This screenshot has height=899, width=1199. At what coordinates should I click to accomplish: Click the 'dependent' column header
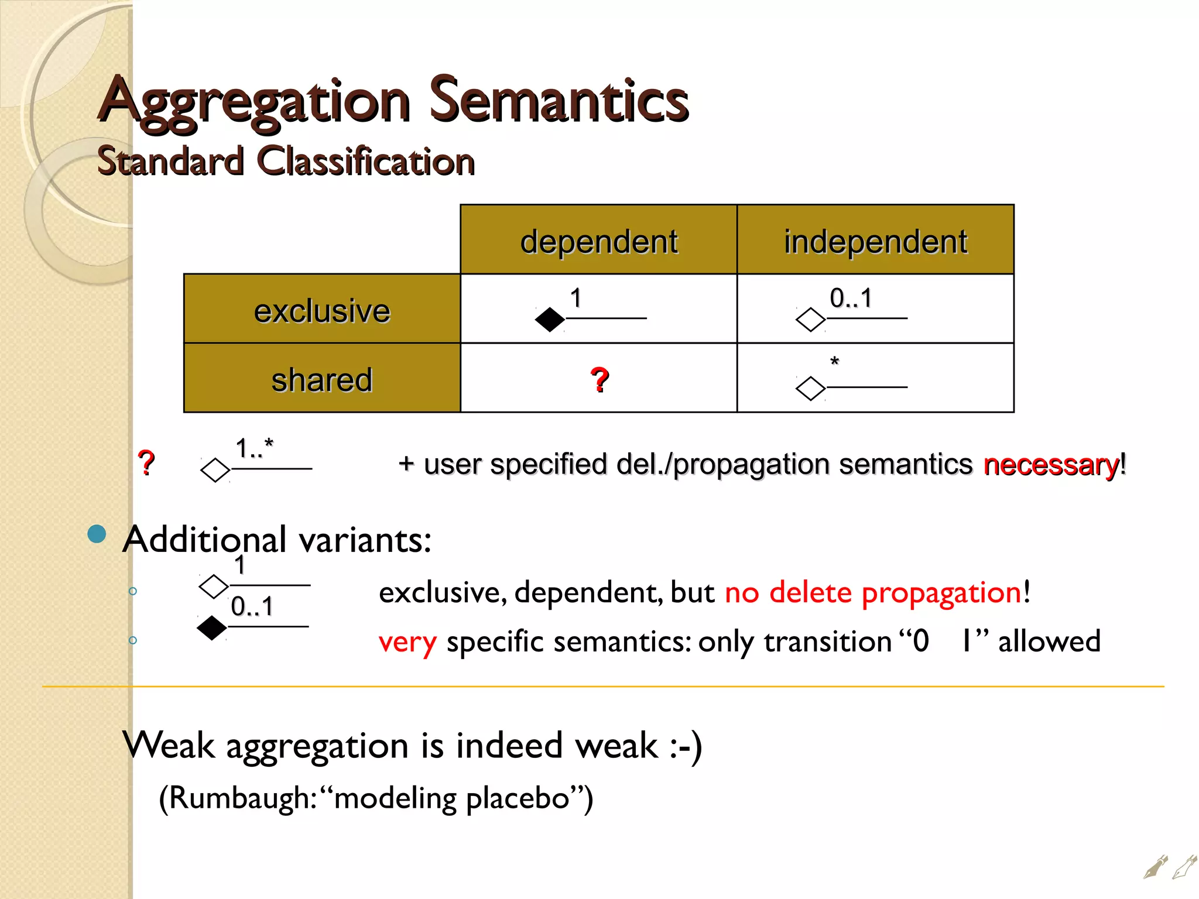click(598, 241)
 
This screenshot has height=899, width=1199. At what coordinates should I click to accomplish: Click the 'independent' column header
click(875, 241)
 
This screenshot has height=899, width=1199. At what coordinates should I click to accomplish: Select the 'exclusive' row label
click(322, 310)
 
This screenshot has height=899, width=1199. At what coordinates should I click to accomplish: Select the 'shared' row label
click(322, 379)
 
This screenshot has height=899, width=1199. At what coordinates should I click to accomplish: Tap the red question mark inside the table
click(599, 379)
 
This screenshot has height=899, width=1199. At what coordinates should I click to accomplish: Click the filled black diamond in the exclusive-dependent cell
click(550, 319)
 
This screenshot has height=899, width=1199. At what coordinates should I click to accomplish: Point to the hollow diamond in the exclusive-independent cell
click(811, 320)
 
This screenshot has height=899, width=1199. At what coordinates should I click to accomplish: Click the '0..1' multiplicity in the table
click(851, 298)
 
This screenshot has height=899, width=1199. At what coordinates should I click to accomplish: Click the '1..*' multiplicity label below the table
click(254, 449)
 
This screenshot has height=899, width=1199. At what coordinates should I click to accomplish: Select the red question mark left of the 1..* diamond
click(146, 463)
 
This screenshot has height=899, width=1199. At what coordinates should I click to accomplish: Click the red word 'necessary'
click(1051, 465)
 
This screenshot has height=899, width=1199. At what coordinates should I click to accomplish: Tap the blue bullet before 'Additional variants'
click(97, 534)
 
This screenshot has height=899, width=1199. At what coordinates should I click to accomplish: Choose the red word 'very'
click(407, 642)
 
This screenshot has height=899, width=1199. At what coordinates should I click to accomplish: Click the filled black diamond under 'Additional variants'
click(211, 628)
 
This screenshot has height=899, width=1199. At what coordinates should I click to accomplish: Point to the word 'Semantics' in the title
click(559, 101)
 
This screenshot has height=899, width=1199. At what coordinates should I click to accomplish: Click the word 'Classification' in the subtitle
click(366, 161)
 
